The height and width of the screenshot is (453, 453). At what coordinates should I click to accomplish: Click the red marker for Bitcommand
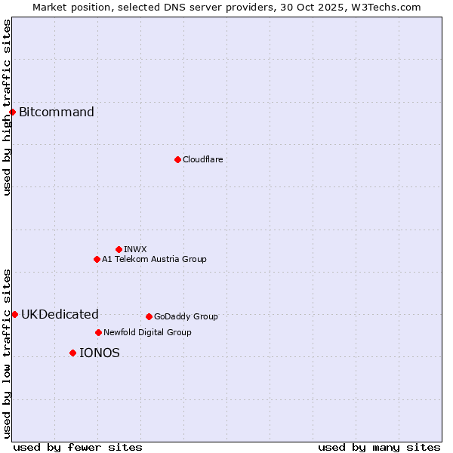(x=12, y=112)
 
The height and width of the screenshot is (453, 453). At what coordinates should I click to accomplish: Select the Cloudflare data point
(x=177, y=159)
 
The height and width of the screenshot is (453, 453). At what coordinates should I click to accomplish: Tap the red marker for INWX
(x=119, y=249)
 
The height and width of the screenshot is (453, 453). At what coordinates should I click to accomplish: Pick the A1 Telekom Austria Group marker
(x=97, y=259)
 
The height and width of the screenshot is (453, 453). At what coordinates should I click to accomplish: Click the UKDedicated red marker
(x=14, y=314)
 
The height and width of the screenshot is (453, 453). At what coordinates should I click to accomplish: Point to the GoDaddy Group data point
(x=149, y=316)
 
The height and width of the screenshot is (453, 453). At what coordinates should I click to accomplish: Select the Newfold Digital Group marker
(x=98, y=332)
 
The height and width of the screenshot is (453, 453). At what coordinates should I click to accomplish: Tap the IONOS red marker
(x=72, y=353)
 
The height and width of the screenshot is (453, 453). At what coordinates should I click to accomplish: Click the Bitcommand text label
(x=57, y=112)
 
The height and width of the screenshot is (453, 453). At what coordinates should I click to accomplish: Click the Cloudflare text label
(x=202, y=159)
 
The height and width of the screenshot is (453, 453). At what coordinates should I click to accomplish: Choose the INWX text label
(x=135, y=249)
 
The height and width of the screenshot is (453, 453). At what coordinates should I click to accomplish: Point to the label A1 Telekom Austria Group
(x=154, y=259)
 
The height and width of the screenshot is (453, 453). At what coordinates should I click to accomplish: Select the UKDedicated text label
(x=60, y=315)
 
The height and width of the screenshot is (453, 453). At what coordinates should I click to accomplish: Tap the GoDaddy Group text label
(x=186, y=316)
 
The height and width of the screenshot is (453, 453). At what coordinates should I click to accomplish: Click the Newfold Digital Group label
(x=147, y=332)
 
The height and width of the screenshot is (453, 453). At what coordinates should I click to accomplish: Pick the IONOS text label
(x=100, y=353)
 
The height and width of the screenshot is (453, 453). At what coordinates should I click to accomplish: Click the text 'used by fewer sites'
(x=78, y=447)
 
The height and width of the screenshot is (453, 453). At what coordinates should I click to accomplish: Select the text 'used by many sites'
(x=379, y=447)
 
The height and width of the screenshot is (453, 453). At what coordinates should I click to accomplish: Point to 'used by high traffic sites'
(x=7, y=107)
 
